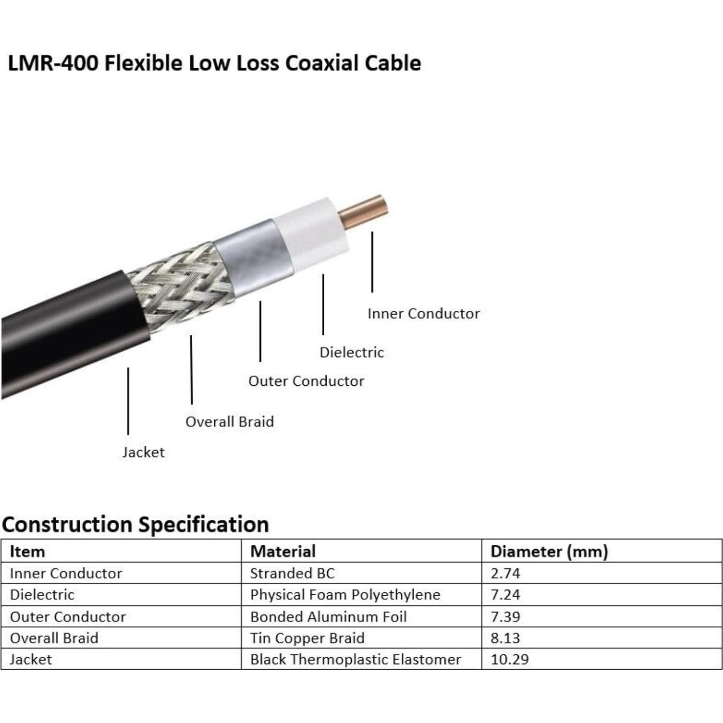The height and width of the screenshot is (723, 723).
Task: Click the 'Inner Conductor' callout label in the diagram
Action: (x=423, y=314)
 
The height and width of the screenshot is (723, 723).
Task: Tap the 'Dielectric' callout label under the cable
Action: (x=351, y=352)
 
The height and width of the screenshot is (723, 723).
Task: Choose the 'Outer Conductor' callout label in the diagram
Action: (x=306, y=381)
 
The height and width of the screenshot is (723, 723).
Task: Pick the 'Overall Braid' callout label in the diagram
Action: (x=229, y=422)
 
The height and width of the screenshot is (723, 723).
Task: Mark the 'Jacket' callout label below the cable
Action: (x=143, y=452)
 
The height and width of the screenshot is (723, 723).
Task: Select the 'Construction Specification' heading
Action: (x=136, y=525)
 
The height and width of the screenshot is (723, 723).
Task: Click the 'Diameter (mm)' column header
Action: (x=549, y=552)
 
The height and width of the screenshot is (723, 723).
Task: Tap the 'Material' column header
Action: (x=283, y=552)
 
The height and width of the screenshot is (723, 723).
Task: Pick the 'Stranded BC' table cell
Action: (x=292, y=573)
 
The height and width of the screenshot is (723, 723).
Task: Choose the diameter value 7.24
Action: (x=505, y=595)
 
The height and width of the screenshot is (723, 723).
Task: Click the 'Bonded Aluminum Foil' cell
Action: (x=328, y=617)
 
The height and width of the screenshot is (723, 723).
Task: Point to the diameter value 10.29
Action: (x=509, y=660)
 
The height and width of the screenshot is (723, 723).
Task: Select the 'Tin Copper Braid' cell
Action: (x=307, y=638)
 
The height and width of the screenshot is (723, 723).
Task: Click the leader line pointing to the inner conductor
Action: (x=372, y=262)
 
